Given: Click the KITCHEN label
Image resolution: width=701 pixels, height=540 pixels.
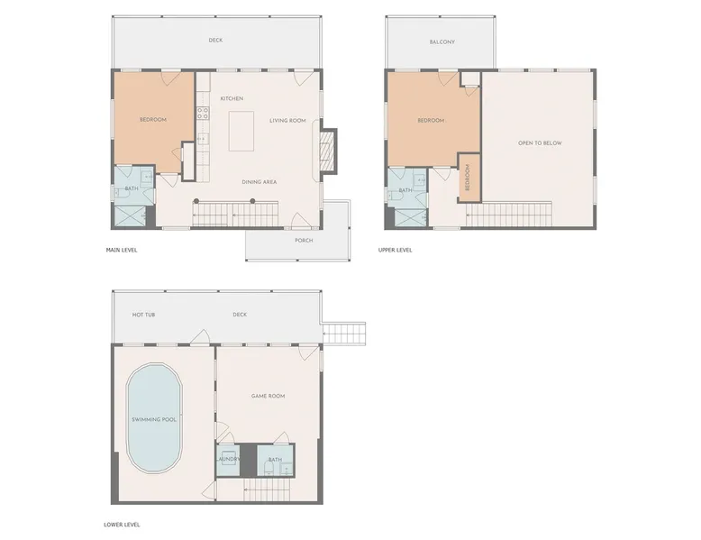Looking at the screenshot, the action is [232, 98].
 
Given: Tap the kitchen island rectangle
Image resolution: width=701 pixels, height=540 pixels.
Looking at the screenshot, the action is [241, 131].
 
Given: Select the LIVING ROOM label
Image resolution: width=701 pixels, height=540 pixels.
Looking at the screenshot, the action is [287, 120].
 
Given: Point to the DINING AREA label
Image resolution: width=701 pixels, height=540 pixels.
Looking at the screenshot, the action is [259, 181].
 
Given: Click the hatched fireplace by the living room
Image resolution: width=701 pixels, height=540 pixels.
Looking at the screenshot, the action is [330, 151].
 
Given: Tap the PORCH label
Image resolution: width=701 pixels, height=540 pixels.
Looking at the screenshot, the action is [304, 240].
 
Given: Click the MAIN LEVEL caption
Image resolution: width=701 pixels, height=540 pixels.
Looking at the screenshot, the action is [122, 250].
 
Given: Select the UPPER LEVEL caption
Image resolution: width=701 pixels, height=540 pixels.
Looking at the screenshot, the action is [396, 250].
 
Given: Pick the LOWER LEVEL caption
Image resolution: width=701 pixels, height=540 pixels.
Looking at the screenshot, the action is [122, 525].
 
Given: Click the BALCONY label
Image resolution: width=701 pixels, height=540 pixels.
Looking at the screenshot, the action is [442, 42].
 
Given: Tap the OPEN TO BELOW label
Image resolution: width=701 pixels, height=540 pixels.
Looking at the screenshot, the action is [540, 143].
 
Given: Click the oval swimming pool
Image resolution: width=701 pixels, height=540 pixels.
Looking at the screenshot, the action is [154, 418].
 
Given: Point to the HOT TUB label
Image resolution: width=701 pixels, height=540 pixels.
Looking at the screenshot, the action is [143, 315].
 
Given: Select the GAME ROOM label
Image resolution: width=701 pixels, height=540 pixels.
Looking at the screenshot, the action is [268, 396].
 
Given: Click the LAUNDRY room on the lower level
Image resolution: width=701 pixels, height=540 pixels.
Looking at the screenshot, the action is [228, 460].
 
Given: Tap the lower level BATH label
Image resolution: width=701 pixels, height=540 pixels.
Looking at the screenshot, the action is [275, 460].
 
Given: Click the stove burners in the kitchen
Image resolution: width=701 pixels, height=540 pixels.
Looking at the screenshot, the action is [203, 113].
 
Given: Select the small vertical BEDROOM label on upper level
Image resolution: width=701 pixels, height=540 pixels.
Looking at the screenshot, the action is [468, 178].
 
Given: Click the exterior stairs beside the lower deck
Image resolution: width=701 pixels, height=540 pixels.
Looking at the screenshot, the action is [343, 334].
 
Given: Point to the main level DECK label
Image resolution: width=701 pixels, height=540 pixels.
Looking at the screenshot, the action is [215, 41].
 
